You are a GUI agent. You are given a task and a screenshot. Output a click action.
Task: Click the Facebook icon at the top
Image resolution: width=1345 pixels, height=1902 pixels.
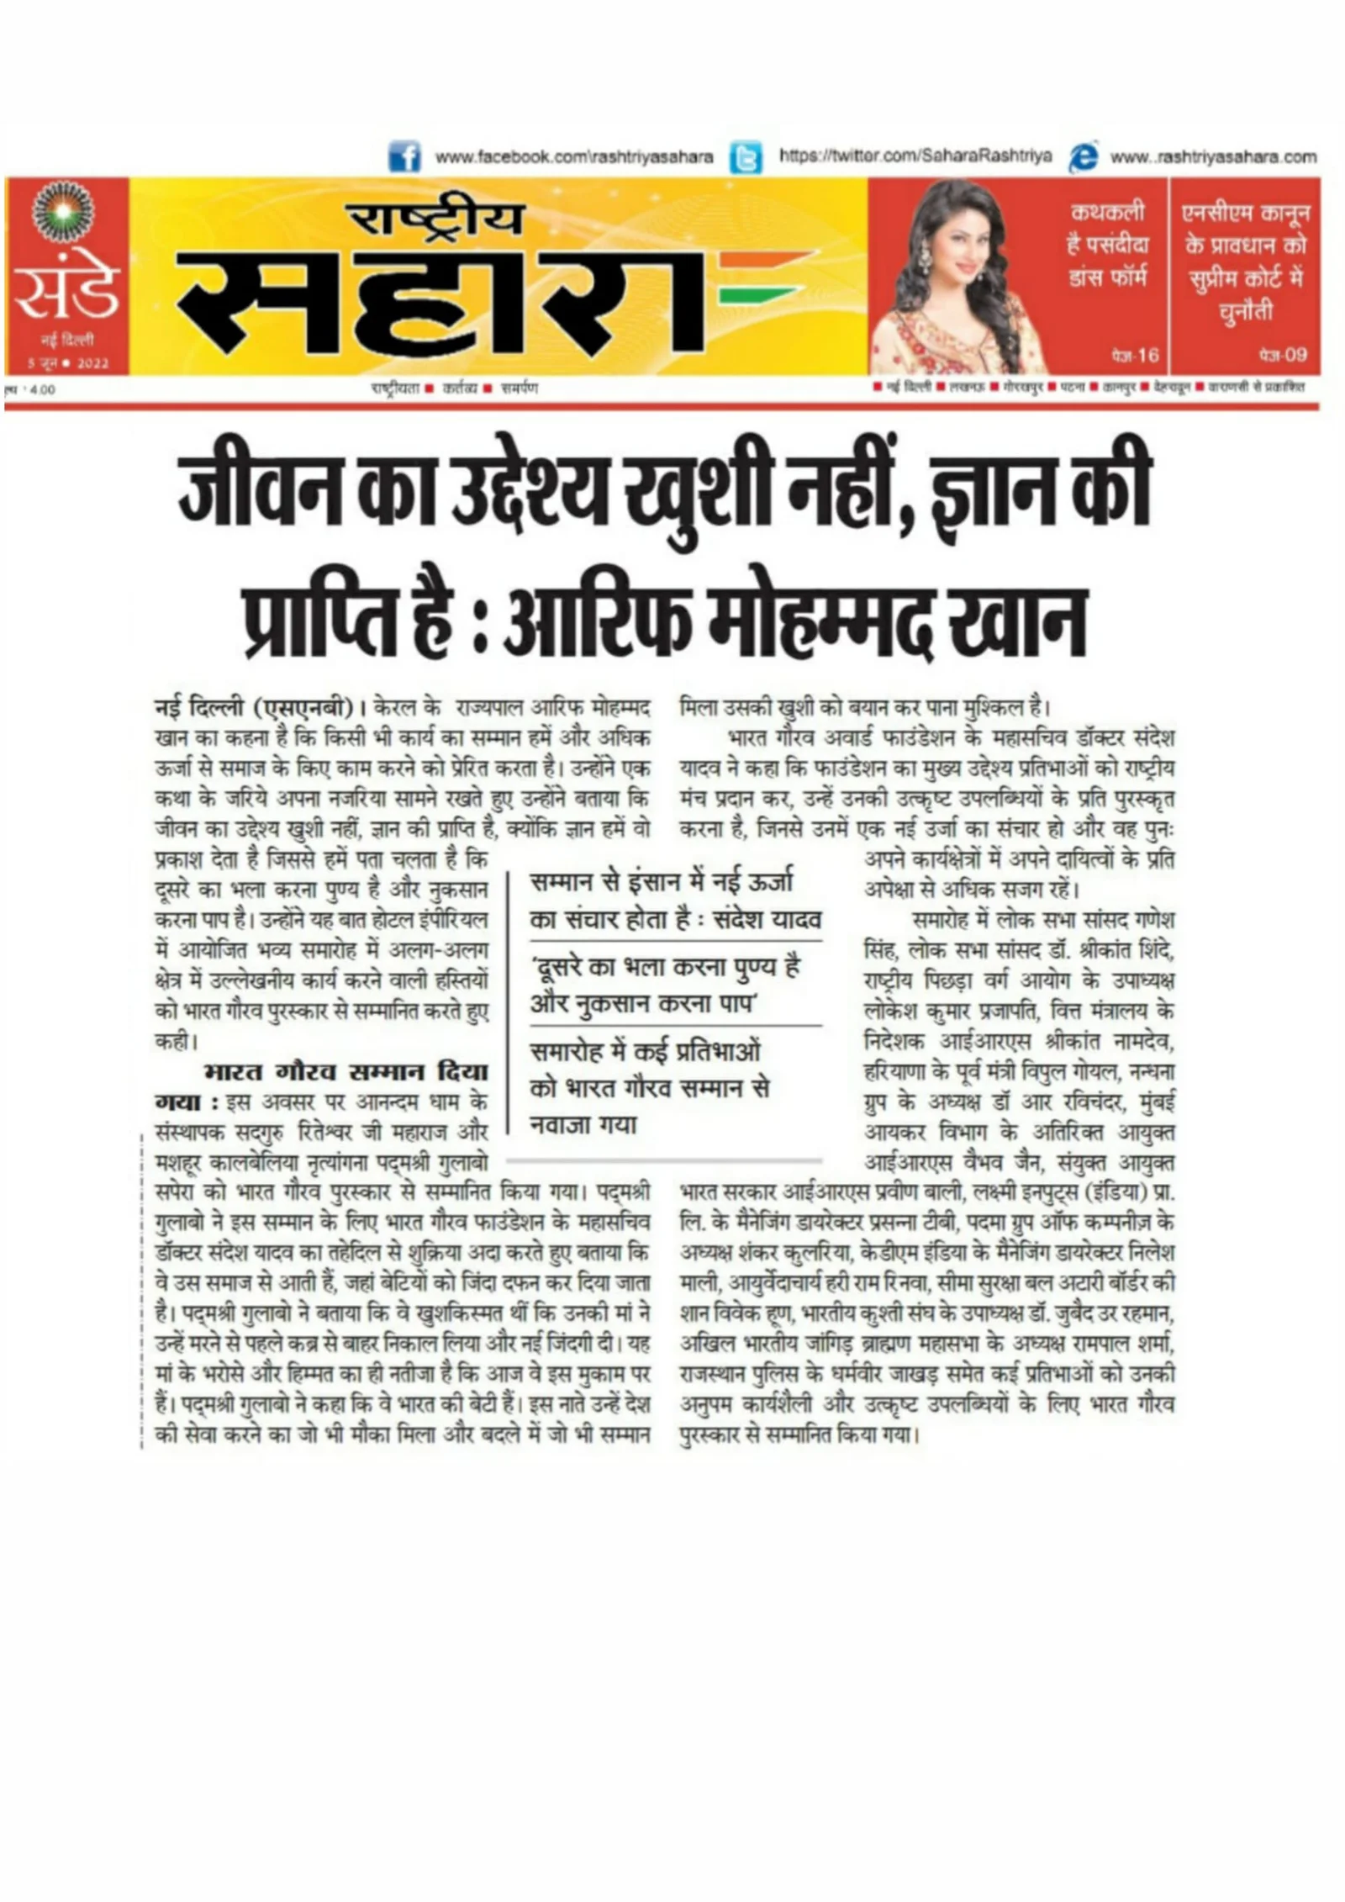click(404, 157)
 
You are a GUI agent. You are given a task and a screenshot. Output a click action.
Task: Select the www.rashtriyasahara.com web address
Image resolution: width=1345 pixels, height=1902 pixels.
click(1213, 157)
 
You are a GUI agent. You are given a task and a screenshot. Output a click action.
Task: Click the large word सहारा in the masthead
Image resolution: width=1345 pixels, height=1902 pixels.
click(437, 299)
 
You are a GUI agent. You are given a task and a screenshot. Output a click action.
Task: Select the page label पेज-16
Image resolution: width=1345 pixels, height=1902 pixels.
click(1135, 356)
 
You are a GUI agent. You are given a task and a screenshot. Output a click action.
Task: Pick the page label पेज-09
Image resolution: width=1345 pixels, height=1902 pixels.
click(1283, 355)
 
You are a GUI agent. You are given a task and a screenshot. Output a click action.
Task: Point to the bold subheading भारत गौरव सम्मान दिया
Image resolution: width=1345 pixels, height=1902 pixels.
click(345, 1072)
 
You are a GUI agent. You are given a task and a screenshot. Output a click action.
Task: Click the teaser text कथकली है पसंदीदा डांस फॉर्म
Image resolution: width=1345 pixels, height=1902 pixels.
click(1107, 245)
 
